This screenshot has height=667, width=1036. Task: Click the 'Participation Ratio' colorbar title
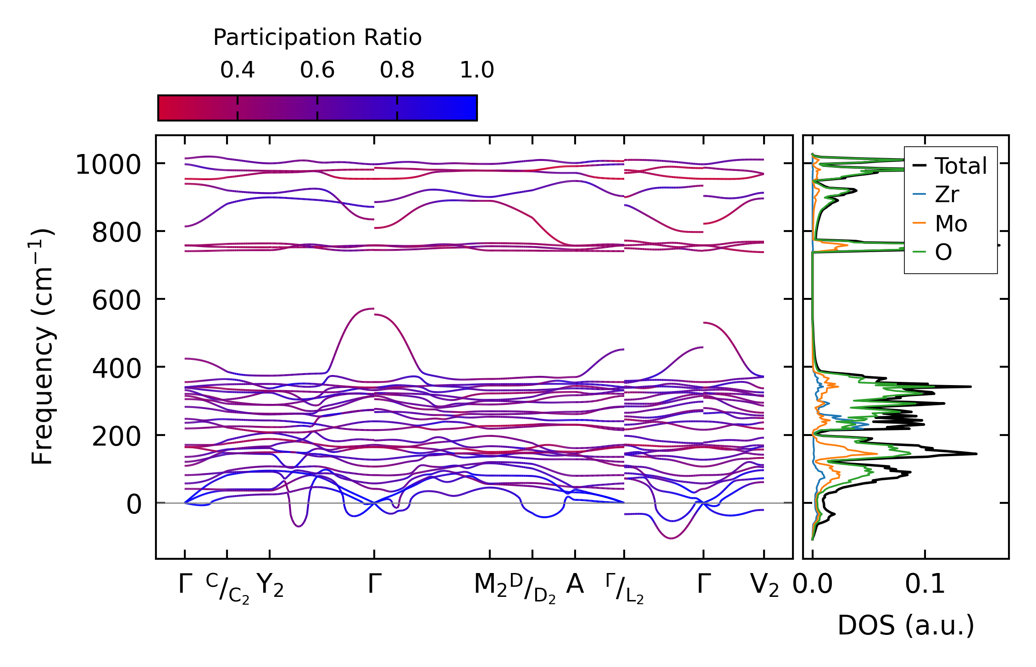click(317, 38)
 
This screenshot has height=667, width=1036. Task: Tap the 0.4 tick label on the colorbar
click(237, 70)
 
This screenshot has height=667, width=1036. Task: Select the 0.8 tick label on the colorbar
click(397, 70)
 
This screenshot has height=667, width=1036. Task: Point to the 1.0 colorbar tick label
click(476, 70)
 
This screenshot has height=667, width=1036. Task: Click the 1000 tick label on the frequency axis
click(108, 165)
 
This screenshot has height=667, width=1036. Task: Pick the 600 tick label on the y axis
click(116, 301)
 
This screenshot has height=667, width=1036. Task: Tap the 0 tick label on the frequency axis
click(134, 505)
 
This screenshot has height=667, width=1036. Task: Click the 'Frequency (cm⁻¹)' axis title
click(43, 347)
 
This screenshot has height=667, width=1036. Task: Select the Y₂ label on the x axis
click(270, 585)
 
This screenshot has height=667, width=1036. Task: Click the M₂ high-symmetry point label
click(490, 585)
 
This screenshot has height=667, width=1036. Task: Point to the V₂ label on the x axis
click(764, 585)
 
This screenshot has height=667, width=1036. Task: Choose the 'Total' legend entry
click(960, 166)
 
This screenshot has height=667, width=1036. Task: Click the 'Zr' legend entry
click(947, 195)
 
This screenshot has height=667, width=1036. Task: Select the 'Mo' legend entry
click(951, 224)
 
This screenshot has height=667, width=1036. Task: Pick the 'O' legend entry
click(943, 252)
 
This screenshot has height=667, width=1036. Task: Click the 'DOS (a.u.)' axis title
click(905, 625)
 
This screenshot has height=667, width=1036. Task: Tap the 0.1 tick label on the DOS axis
click(925, 585)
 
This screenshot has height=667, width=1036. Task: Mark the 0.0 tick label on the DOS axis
click(812, 585)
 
